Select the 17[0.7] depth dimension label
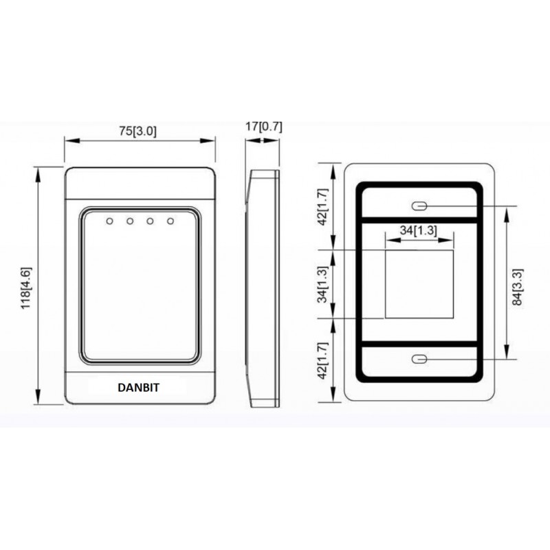click(x=263, y=126)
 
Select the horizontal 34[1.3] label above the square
click(x=418, y=231)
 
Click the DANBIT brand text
click(x=138, y=388)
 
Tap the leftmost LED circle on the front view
click(x=109, y=221)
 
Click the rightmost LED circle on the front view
click(x=170, y=221)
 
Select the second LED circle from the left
click(x=129, y=221)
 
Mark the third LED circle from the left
click(x=150, y=221)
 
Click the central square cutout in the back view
click(x=418, y=284)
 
